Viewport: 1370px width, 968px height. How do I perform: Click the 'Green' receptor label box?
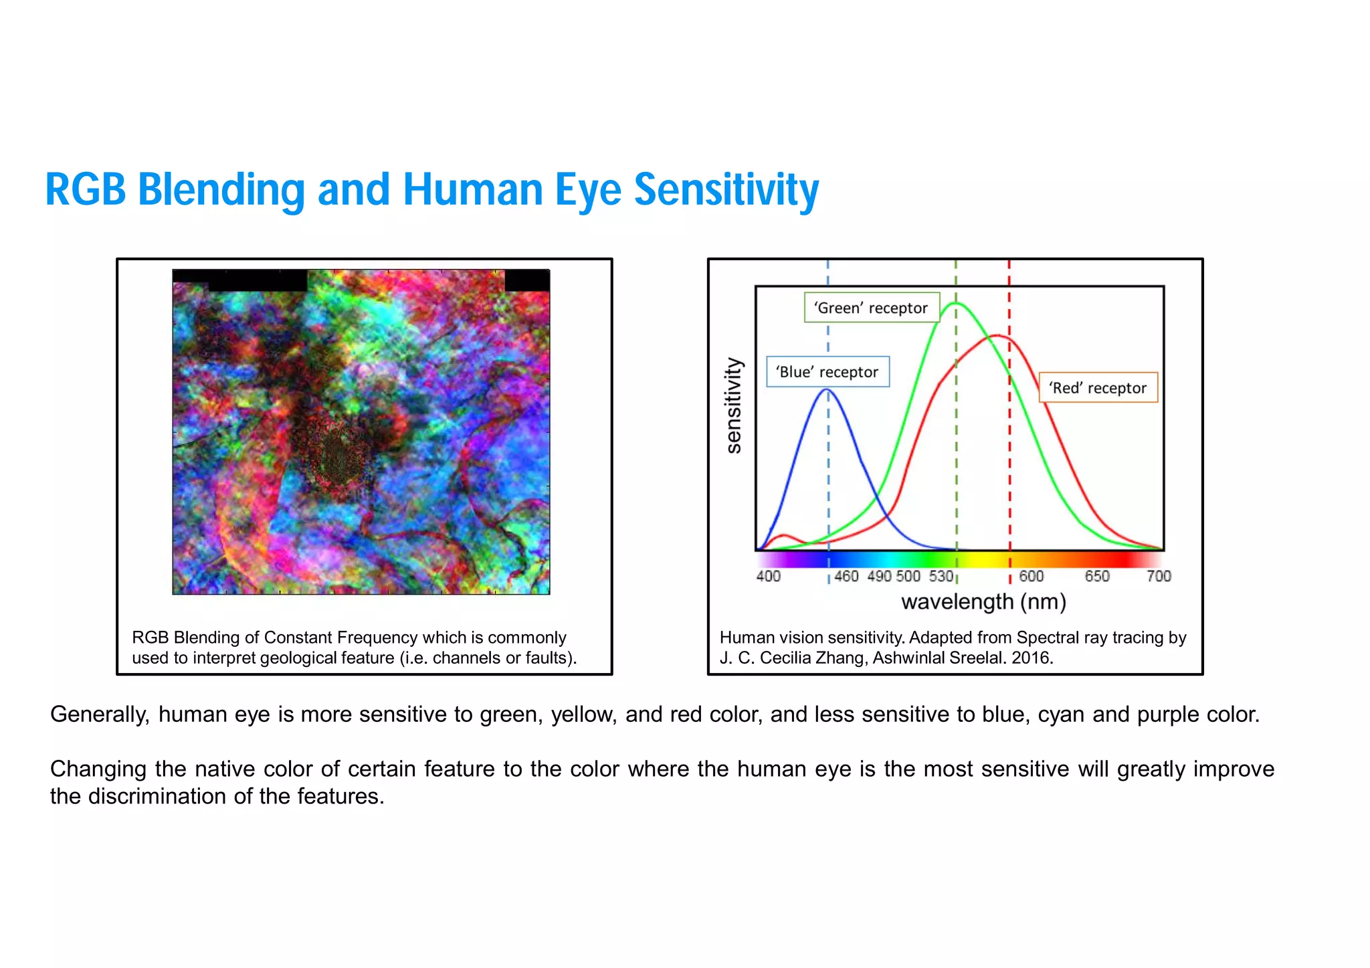click(871, 308)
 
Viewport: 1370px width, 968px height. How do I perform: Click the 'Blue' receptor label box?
click(827, 372)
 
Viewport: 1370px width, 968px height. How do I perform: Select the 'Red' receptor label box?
click(1098, 388)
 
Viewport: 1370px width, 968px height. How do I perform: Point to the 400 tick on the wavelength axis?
click(768, 576)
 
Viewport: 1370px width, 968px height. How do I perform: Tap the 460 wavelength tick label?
click(846, 576)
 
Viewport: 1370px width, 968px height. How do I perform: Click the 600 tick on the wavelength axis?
click(1031, 576)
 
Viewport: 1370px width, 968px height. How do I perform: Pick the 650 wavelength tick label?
click(1096, 576)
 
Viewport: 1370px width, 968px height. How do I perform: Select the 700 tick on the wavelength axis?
click(1159, 576)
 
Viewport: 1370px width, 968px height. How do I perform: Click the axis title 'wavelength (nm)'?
click(983, 602)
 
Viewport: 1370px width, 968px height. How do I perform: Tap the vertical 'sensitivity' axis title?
click(734, 405)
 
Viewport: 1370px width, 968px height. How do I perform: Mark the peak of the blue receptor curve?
click(827, 389)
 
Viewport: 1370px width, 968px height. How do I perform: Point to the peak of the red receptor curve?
click(997, 335)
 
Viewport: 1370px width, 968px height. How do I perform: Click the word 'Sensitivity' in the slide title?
click(726, 189)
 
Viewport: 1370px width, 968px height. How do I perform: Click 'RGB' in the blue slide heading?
click(85, 189)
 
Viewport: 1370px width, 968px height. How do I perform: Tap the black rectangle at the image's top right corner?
click(526, 280)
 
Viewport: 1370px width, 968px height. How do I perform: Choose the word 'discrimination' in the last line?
click(158, 796)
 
